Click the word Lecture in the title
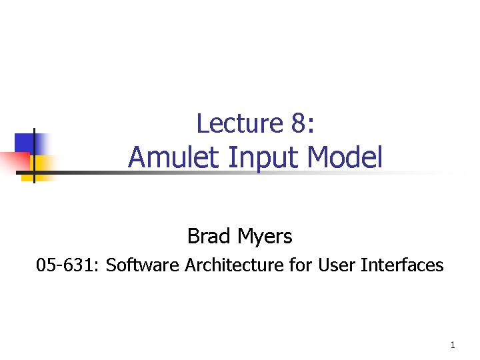pyautogui.click(x=231, y=123)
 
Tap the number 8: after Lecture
pyautogui.click(x=290, y=123)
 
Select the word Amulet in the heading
pyautogui.click(x=167, y=158)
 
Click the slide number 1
pyautogui.click(x=453, y=345)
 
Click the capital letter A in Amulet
pyautogui.click(x=137, y=158)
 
